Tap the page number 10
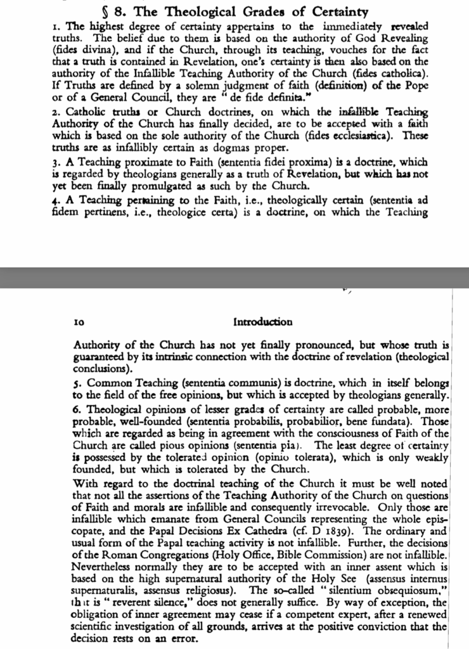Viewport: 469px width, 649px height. coord(80,322)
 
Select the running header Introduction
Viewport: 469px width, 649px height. coord(263,322)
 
